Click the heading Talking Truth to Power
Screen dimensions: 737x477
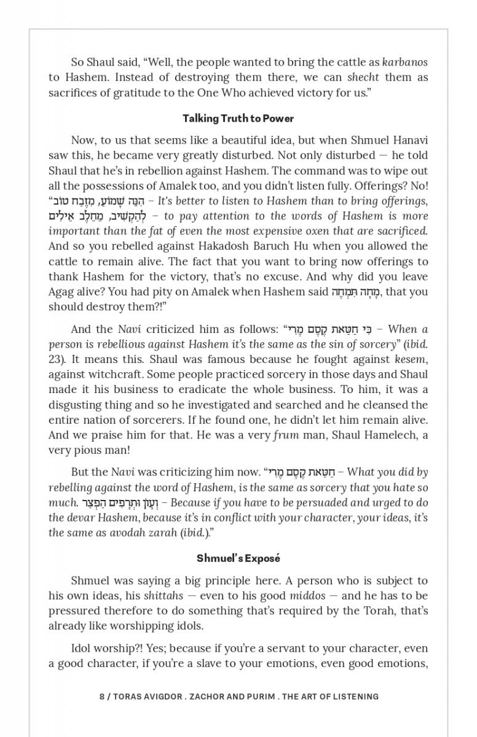238,119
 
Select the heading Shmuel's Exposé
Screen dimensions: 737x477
238,558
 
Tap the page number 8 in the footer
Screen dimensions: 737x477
101,696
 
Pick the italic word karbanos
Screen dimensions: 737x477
404,62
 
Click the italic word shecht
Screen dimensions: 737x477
363,77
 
